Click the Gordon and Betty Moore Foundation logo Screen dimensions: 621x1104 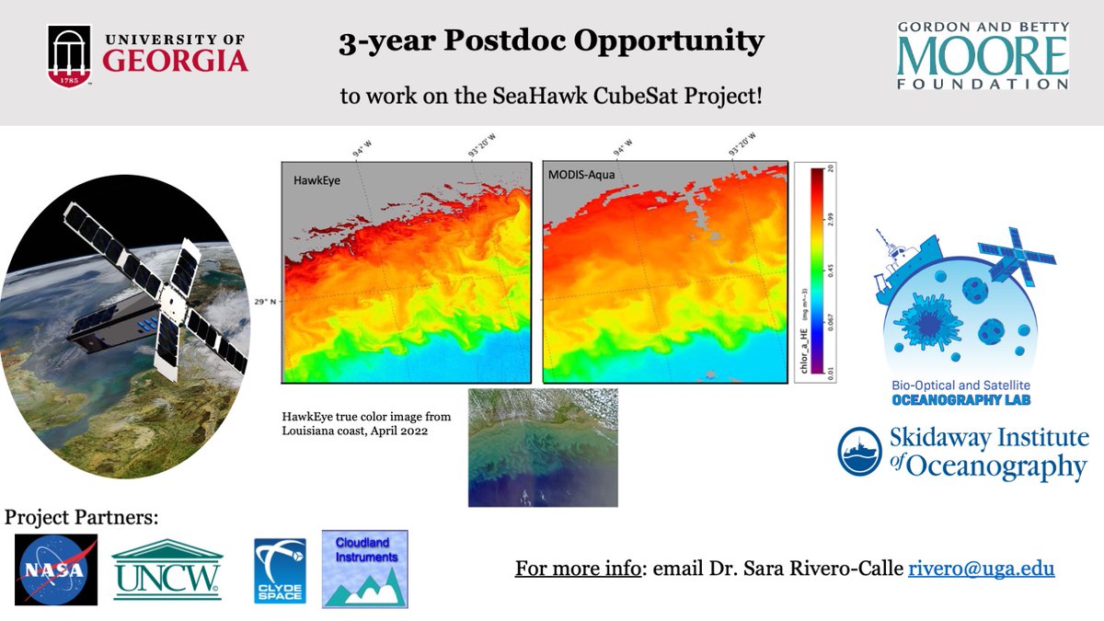point(983,55)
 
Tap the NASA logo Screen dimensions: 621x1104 point(56,569)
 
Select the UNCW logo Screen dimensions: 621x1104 point(167,569)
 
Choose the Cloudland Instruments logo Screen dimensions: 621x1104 point(364,569)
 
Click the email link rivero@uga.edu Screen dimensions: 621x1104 point(981,569)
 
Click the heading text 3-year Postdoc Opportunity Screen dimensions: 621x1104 point(551,42)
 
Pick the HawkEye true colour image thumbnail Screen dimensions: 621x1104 point(543,447)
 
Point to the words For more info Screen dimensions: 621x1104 point(577,569)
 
